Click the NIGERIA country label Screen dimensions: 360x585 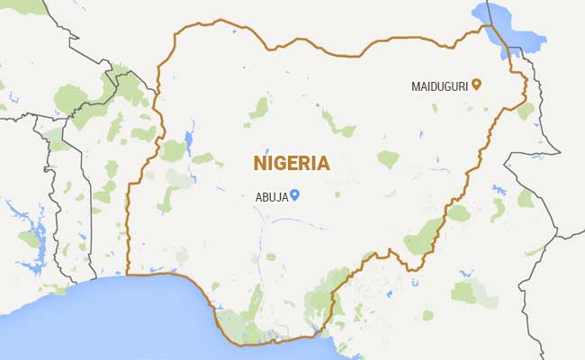pos(291,164)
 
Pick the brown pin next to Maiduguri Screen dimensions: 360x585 pos(476,85)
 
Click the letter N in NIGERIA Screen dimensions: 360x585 pos(259,164)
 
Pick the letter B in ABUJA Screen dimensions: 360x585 pos(265,196)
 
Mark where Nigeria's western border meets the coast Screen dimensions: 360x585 pos(129,274)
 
